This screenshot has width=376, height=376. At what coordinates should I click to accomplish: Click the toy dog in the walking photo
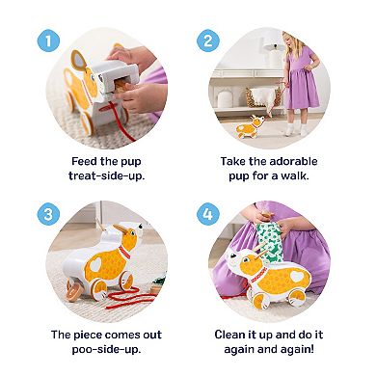(253, 125)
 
